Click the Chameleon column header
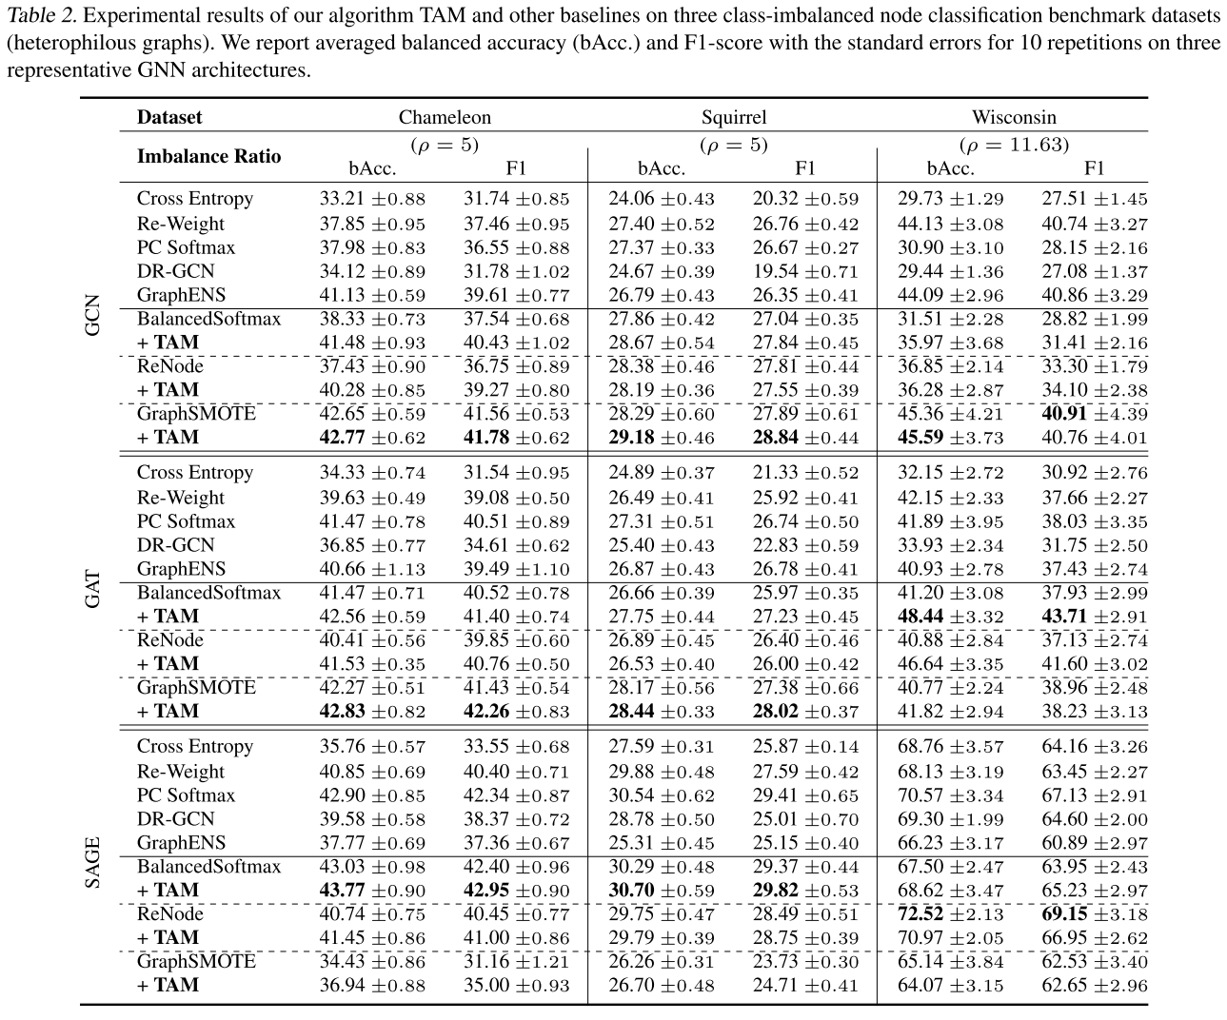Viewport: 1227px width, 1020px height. point(445,118)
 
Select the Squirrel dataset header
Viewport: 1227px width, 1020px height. point(734,118)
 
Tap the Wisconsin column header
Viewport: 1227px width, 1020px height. point(1014,118)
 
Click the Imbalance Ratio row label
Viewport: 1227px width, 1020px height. point(208,156)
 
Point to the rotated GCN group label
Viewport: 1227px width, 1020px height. point(93,319)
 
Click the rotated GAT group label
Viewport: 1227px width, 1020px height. point(93,592)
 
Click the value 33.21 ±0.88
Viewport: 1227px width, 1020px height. point(372,199)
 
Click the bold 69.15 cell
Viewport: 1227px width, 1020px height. point(1065,914)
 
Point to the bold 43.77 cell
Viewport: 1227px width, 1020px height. point(344,891)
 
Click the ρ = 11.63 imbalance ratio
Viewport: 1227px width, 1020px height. point(1014,146)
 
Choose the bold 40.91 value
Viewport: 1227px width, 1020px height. point(1065,414)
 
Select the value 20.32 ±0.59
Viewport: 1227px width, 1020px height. point(805,199)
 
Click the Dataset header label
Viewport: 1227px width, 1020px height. point(169,118)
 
